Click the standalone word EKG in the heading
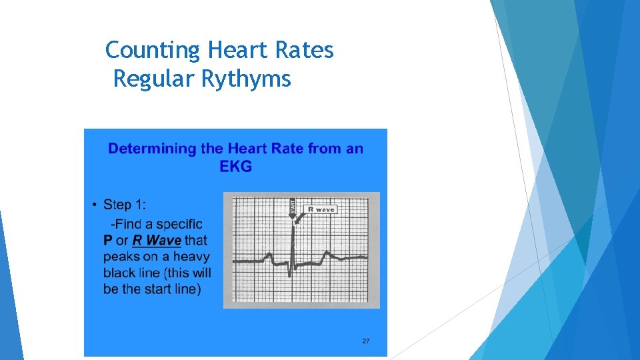235,166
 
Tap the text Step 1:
125,205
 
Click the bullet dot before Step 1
95,205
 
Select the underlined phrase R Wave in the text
157,240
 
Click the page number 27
365,341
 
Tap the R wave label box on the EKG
321,209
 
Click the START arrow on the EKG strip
291,208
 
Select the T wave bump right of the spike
327,253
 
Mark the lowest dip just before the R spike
290,275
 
